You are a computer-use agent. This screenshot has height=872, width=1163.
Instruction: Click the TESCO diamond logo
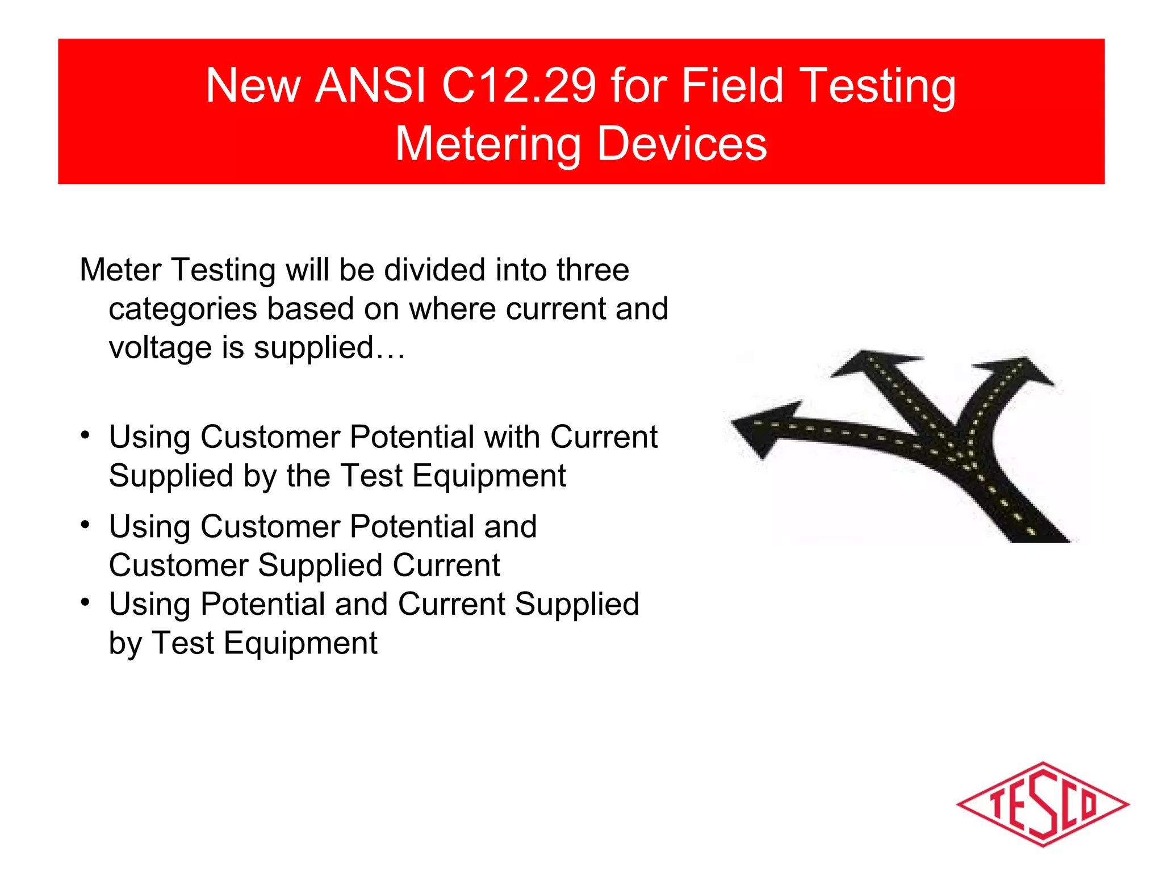pos(1042,804)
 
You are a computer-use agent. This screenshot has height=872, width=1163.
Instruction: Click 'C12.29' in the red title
pos(519,86)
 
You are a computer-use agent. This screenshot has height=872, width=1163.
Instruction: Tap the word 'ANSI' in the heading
pos(370,86)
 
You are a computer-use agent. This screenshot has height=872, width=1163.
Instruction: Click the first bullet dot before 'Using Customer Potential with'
pos(85,436)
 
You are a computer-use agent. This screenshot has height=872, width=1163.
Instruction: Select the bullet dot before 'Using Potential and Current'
pos(85,602)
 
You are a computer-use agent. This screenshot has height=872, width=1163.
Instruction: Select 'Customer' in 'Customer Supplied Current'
pos(178,565)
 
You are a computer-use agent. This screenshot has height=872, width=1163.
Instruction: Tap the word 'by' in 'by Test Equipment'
pos(125,644)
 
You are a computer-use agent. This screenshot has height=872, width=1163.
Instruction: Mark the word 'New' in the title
pos(253,86)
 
